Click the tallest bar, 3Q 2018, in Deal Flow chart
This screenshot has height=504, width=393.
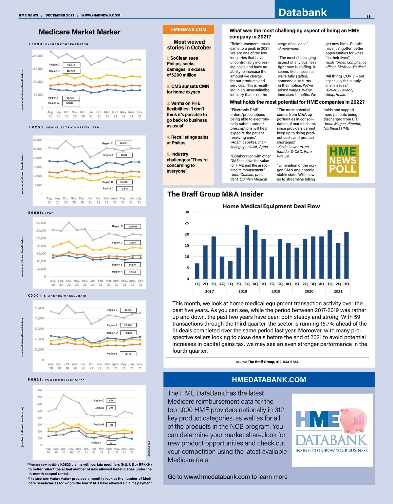247,252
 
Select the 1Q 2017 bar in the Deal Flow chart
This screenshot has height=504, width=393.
197,271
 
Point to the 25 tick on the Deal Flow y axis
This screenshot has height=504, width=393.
187,223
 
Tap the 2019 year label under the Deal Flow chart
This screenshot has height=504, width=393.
276,291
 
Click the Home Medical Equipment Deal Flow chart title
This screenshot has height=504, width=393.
271,206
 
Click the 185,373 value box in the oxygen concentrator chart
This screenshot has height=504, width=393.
71,65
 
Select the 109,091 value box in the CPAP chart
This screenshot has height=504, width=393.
133,226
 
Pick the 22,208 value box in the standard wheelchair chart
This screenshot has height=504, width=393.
128,325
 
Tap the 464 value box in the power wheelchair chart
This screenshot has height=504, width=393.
111,401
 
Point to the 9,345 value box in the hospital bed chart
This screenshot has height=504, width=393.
124,189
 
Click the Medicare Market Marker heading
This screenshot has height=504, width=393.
80,32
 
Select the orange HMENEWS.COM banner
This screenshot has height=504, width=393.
188,29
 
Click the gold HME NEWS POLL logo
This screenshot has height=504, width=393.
343,160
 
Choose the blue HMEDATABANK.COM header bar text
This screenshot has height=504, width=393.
269,380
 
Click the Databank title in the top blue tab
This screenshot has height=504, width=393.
303,12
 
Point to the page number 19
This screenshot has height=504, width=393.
368,16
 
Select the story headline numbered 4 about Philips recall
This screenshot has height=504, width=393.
187,140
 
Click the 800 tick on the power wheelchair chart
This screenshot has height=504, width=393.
40,390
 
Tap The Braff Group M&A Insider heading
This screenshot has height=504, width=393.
215,194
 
